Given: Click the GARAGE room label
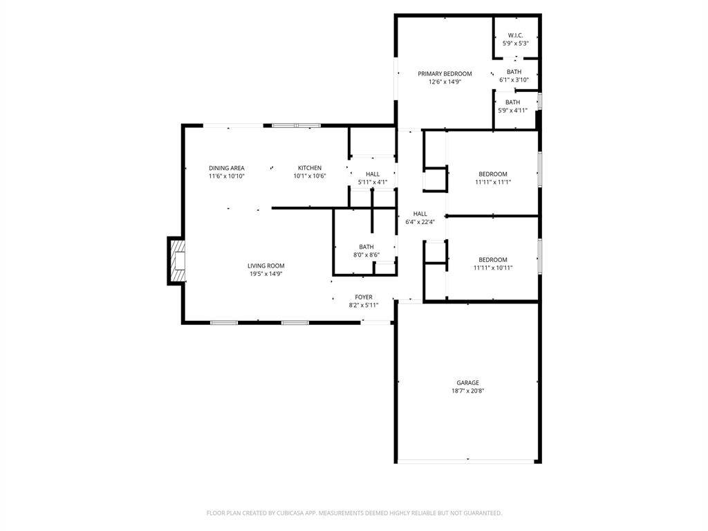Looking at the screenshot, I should pos(467,382).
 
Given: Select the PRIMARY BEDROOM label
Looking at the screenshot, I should pos(445,74).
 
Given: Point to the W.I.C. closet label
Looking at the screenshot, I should pos(515,35).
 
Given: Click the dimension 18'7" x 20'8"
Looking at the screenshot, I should pos(467,391).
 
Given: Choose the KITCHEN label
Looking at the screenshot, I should pos(310,168).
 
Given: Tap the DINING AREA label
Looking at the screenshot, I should pos(227,168).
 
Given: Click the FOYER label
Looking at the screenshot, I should pos(364,297).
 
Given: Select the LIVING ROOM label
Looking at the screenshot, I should pos(266,265).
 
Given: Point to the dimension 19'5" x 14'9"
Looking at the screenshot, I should pos(266,274).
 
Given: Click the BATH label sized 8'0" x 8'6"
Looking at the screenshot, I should pos(366,247).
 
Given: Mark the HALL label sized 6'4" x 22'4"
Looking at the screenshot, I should pos(420,214).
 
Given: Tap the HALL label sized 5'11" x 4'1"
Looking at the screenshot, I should pos(373,174).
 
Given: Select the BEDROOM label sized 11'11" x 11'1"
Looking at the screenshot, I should pos(493,174).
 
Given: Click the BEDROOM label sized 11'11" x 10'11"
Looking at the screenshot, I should pos(493,260).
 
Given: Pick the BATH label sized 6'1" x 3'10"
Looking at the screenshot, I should pos(514,72).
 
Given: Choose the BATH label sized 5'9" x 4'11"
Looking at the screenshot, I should pos(512,102).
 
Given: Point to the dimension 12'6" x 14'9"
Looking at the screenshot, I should pos(445,82).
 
